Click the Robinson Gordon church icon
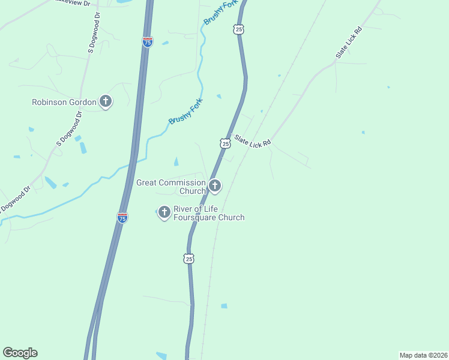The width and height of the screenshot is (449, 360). pos(106,101)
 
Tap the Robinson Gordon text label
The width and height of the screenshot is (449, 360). pos(64,102)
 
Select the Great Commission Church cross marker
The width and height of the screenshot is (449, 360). pos(214,186)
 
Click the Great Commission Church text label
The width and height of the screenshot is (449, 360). pos(171,187)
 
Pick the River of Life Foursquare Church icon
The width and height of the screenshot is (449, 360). pos(164,212)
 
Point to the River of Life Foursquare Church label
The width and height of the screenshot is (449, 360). pos(209,213)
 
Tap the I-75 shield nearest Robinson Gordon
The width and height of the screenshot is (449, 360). pos(148,41)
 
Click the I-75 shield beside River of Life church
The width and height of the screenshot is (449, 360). pos(122,218)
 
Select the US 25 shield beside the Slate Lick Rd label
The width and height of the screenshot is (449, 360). pos(225,143)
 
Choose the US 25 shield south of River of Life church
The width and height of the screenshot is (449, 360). pos(189,259)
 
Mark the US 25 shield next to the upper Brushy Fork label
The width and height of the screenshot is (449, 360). pos(238,29)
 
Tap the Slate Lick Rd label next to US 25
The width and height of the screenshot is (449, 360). pos(253,142)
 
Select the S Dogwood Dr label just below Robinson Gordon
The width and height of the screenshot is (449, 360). pos(69,128)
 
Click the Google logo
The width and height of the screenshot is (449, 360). pos(20,353)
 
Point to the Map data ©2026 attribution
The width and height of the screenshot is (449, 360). pos(423,355)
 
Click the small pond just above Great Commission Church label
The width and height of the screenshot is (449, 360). pos(175,161)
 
